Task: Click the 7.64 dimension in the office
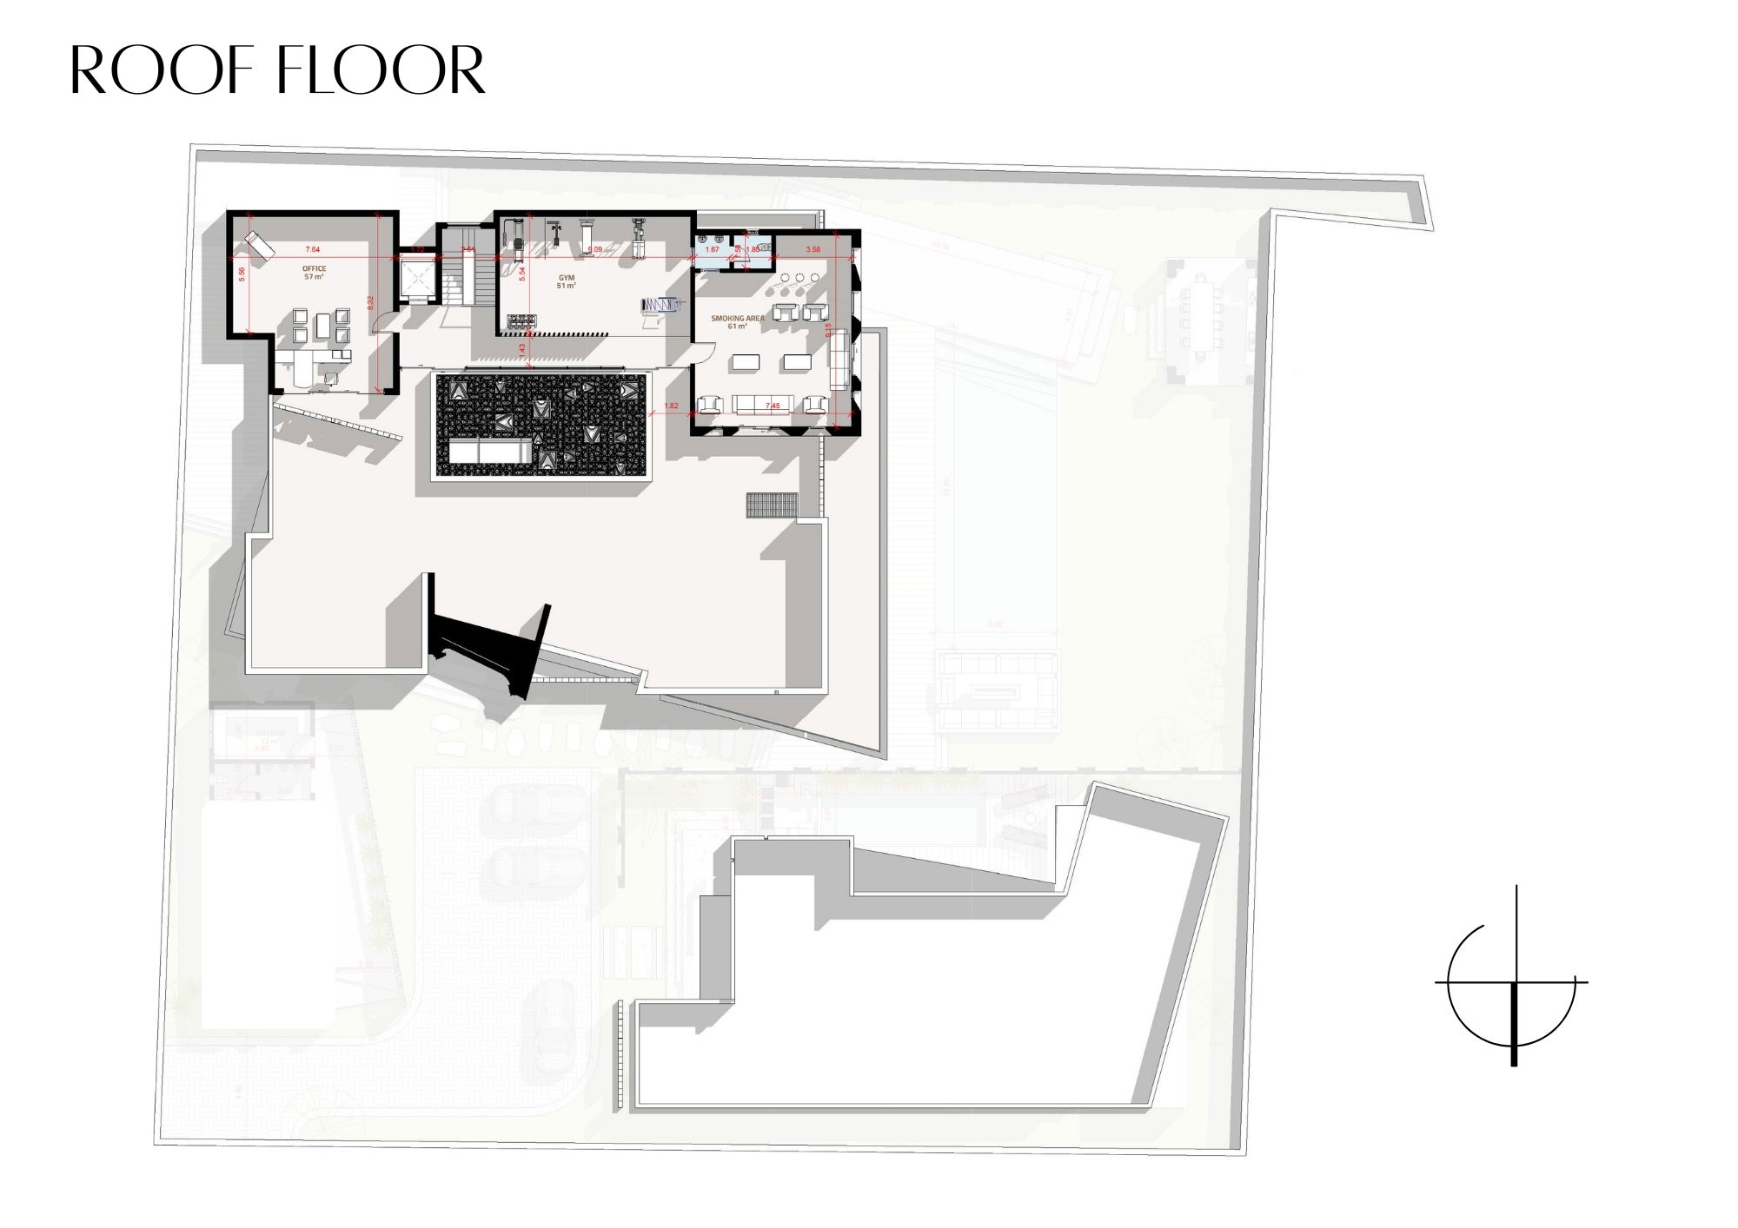point(313,250)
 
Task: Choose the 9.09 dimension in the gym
point(594,250)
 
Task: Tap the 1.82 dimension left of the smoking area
point(671,406)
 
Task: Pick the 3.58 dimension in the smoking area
point(813,250)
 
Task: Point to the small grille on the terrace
point(770,505)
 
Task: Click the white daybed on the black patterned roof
point(490,452)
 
